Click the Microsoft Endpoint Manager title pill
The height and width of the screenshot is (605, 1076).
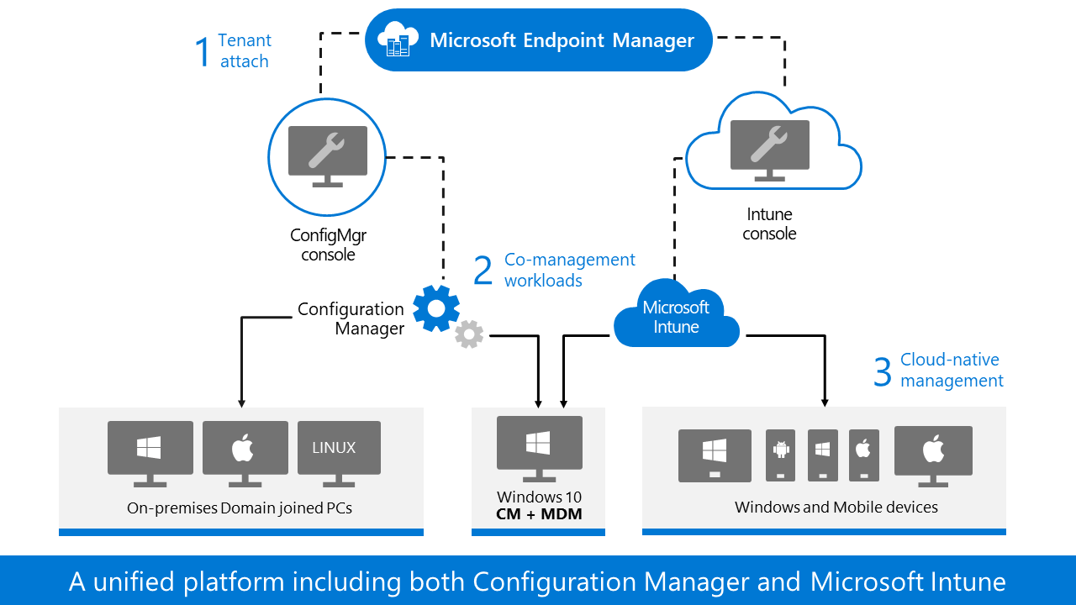[539, 39]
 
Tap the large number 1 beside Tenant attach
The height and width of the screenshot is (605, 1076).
[202, 51]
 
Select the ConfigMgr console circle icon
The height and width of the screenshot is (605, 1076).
[327, 157]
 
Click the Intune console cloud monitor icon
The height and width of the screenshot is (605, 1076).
[769, 150]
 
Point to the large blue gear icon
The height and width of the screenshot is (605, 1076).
[436, 308]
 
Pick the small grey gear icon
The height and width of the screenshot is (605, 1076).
[469, 334]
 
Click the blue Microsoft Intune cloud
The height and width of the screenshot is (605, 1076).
[676, 318]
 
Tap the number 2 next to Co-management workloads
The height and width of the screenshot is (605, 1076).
[483, 271]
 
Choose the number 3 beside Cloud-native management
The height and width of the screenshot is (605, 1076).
[882, 371]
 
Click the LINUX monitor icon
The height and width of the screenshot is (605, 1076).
[335, 452]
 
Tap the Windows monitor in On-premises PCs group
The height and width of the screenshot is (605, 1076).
[150, 452]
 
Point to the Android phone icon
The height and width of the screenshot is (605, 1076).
[781, 455]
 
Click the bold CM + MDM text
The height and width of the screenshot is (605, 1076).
[539, 513]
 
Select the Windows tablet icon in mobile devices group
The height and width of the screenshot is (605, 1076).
[715, 455]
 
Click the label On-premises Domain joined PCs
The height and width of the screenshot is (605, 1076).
[240, 508]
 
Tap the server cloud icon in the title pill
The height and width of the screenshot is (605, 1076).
[398, 40]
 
